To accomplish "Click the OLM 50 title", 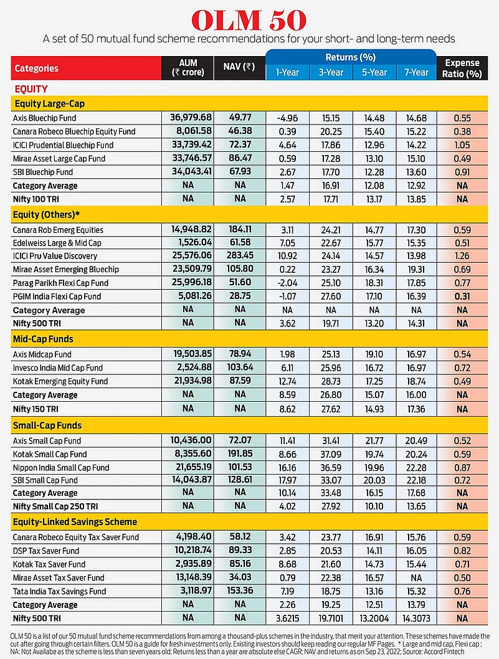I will point(249,21).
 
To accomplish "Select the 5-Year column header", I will point(373,72).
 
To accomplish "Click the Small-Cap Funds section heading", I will point(47,426).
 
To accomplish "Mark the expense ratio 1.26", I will point(462,256).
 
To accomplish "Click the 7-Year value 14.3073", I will point(416,619).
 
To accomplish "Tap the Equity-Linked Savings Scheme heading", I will point(75,522).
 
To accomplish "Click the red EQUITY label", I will point(31,89).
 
